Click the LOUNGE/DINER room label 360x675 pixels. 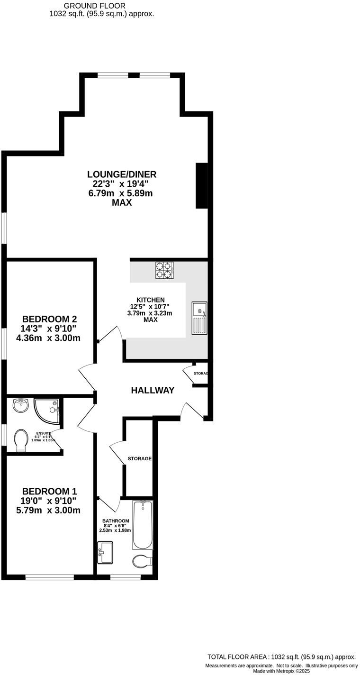pyautogui.click(x=122, y=174)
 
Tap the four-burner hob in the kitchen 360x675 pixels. pyautogui.click(x=164, y=270)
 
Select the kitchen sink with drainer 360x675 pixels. pyautogui.click(x=199, y=317)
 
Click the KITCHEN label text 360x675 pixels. pyautogui.click(x=150, y=300)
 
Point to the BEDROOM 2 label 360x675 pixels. pyautogui.click(x=49, y=319)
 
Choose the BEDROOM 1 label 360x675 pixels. pyautogui.click(x=49, y=492)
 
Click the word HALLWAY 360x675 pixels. pyautogui.click(x=153, y=391)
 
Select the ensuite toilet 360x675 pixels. pyautogui.click(x=21, y=440)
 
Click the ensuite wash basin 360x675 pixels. pyautogui.click(x=20, y=405)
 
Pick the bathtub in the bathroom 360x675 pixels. pyautogui.click(x=143, y=525)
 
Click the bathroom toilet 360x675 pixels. pyautogui.click(x=142, y=561)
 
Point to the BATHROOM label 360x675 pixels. pyautogui.click(x=116, y=521)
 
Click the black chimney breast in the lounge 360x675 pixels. pyautogui.click(x=202, y=186)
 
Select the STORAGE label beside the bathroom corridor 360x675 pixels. pyautogui.click(x=140, y=459)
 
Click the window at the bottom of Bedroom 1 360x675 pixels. pyautogui.click(x=49, y=577)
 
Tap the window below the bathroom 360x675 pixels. pyautogui.click(x=126, y=577)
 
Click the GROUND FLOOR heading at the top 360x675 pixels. pyautogui.click(x=101, y=6)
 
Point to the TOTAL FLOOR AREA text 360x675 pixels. pyautogui.click(x=281, y=657)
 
